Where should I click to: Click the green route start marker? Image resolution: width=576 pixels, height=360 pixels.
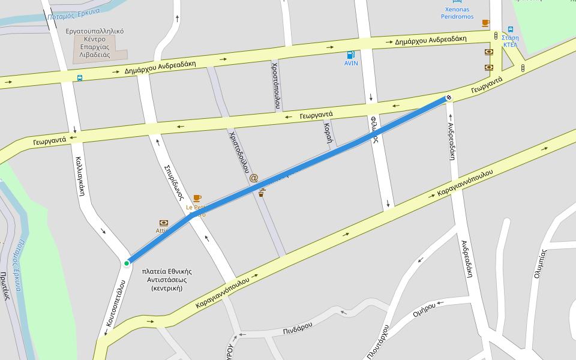pyautogui.click(x=127, y=263)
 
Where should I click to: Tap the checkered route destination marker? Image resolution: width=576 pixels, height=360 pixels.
pyautogui.click(x=448, y=98)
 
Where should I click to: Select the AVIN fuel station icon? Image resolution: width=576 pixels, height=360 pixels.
pyautogui.click(x=351, y=55)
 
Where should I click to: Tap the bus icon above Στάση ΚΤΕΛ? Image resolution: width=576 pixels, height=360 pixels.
pyautogui.click(x=511, y=29)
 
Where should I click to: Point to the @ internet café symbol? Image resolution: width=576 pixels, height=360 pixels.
pyautogui.click(x=253, y=178)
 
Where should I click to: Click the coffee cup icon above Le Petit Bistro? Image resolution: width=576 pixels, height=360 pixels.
pyautogui.click(x=197, y=198)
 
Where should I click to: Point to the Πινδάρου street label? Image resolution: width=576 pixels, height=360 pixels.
pyautogui.click(x=298, y=328)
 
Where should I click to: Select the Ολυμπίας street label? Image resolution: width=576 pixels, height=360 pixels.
pyautogui.click(x=541, y=264)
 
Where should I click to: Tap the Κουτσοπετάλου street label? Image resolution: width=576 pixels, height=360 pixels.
pyautogui.click(x=115, y=303)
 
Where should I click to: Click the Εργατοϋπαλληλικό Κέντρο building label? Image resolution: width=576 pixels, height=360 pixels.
pyautogui.click(x=99, y=42)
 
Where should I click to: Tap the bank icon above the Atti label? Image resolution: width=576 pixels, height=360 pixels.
pyautogui.click(x=163, y=223)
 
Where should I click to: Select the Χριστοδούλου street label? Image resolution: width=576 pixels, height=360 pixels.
pyautogui.click(x=239, y=152)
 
